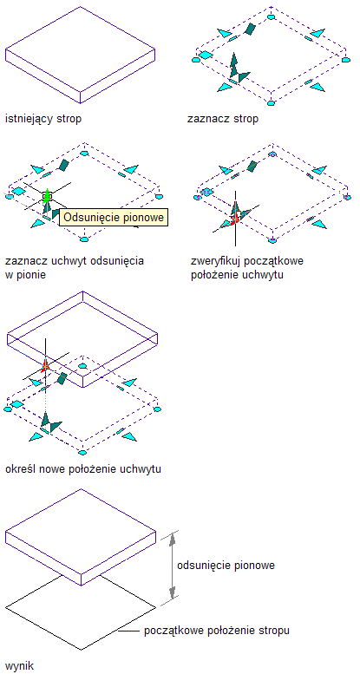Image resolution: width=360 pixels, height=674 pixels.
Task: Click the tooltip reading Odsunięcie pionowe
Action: (x=113, y=218)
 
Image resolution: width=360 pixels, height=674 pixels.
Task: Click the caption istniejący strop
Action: (x=43, y=119)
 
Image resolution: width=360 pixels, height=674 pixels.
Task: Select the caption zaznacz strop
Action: (x=223, y=119)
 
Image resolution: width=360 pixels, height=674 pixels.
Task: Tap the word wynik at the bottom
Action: (x=19, y=666)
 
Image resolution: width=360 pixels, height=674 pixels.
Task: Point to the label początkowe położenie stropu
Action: (x=217, y=631)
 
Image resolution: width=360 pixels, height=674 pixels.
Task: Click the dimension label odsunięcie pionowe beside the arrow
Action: (x=226, y=566)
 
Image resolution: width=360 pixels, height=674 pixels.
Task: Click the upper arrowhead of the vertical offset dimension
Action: (x=173, y=539)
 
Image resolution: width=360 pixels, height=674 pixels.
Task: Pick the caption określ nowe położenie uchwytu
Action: (x=83, y=469)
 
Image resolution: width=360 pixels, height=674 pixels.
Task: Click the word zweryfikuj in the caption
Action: (x=215, y=261)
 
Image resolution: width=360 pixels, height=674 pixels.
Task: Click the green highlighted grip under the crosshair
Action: (x=47, y=196)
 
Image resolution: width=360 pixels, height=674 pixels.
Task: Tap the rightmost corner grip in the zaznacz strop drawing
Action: (x=346, y=60)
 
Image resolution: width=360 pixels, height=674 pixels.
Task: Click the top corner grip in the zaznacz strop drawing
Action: (x=271, y=16)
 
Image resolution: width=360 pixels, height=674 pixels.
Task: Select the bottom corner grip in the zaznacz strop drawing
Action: (x=271, y=103)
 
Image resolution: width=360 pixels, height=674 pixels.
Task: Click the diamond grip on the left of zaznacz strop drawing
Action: (x=206, y=55)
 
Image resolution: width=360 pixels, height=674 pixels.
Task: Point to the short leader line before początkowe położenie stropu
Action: (x=129, y=631)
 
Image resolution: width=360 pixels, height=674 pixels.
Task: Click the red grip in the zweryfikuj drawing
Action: (x=235, y=219)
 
